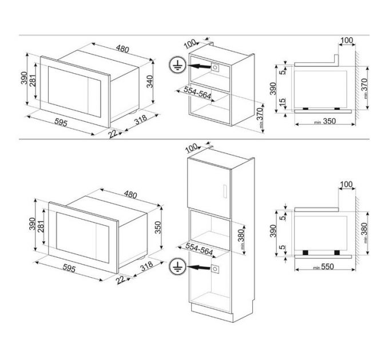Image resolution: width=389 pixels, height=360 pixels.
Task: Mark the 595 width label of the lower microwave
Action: [x=69, y=267]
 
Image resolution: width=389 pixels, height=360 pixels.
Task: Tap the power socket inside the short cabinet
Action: [x=216, y=66]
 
